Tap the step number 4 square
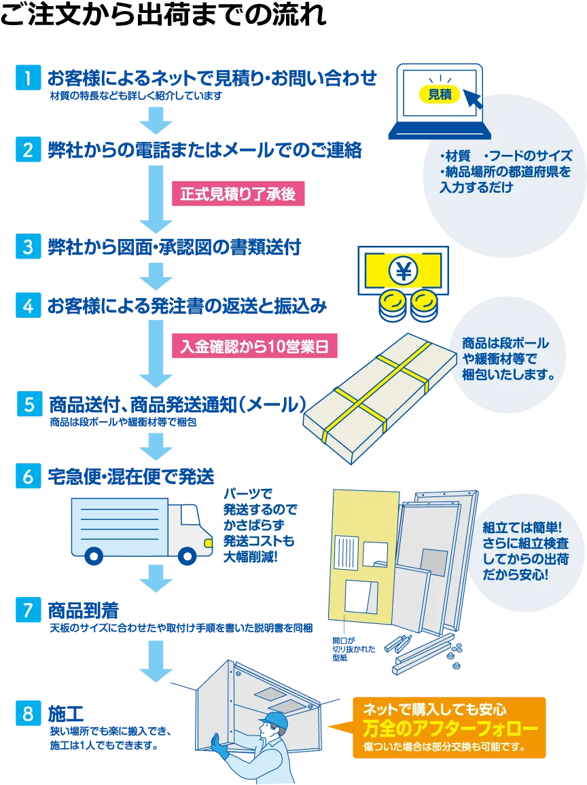(28, 306)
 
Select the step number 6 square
(28, 476)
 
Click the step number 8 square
(28, 714)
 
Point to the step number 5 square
(28, 405)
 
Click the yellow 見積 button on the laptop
(440, 94)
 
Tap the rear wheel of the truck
(94, 555)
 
